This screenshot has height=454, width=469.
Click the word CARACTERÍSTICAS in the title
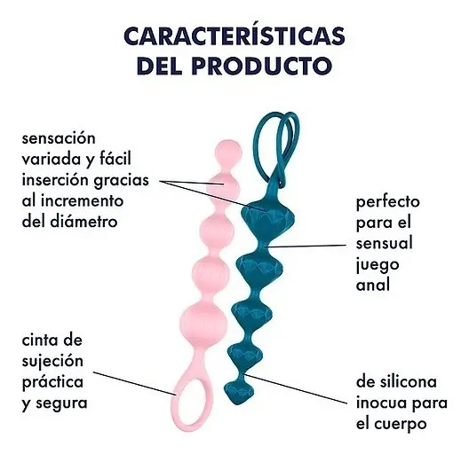[234, 35]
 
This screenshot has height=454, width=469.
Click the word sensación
[59, 138]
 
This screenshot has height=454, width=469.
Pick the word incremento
[82, 200]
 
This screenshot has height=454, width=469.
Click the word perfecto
[388, 202]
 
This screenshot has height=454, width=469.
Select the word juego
[378, 265]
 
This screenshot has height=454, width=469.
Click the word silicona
[406, 382]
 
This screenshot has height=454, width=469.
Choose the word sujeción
[52, 362]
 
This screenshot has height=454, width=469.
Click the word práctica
[52, 382]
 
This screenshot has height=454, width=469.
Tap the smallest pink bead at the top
[228, 152]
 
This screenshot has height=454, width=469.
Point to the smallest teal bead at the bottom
[239, 390]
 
